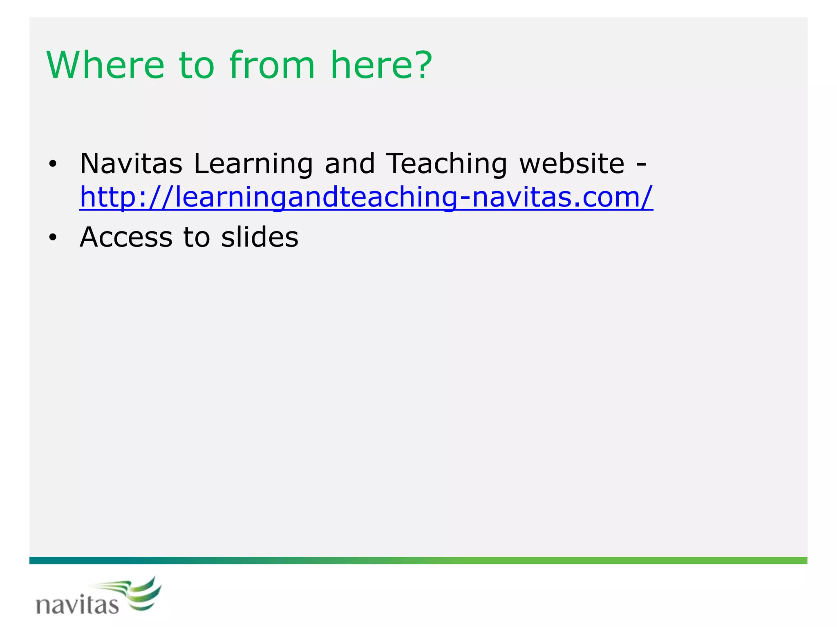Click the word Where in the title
[x=105, y=65]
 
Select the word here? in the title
[x=381, y=65]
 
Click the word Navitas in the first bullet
[x=131, y=164]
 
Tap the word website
[x=572, y=164]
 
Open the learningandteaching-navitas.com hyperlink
[x=366, y=197]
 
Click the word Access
[x=126, y=237]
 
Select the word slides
[x=260, y=237]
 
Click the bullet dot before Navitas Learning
[x=52, y=165]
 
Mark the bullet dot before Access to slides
[x=52, y=238]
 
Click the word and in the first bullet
[x=349, y=164]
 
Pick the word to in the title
[x=197, y=65]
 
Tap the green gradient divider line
[x=418, y=560]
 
